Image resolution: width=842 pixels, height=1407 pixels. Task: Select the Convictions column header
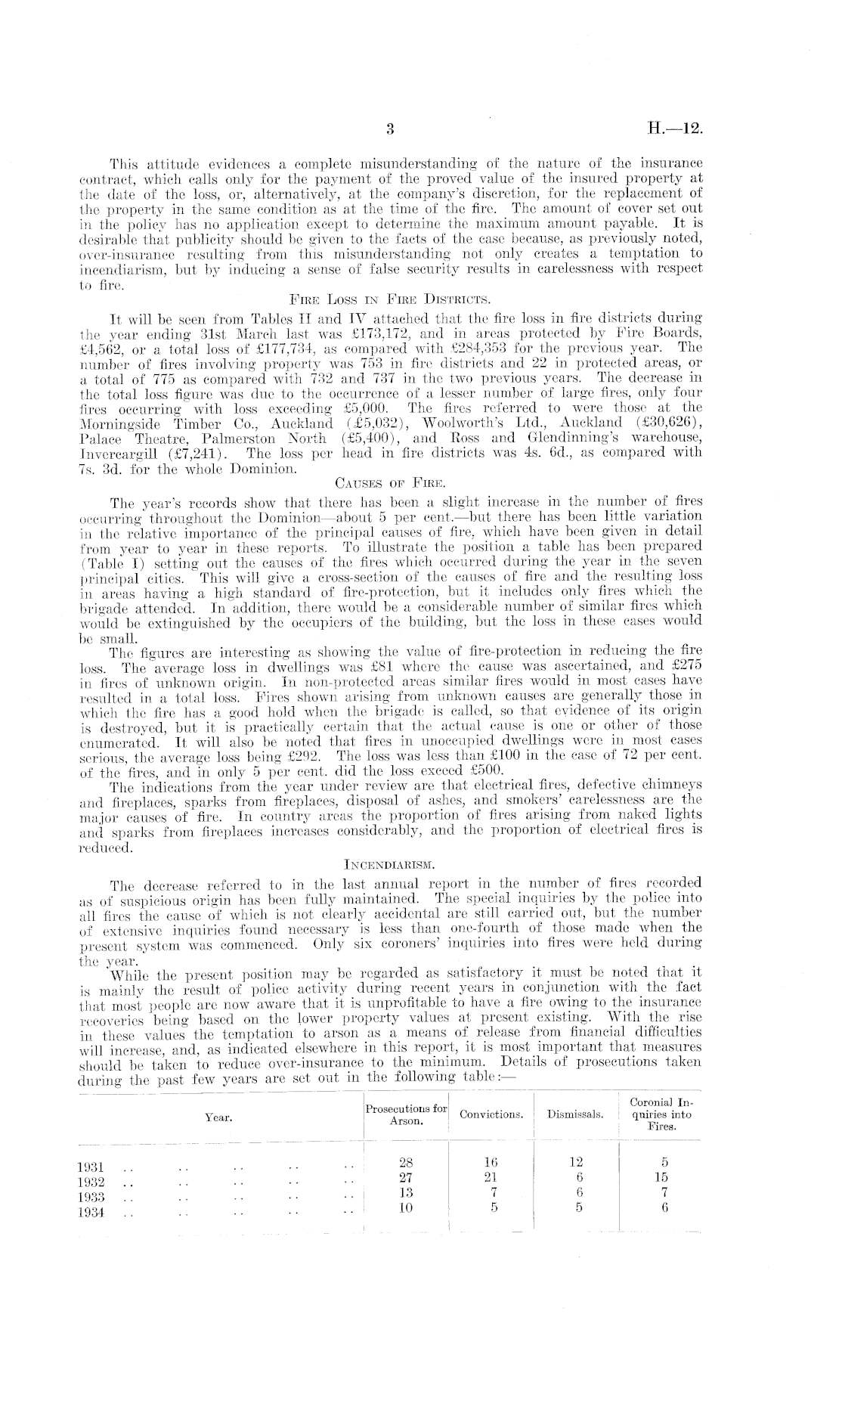coord(491,1114)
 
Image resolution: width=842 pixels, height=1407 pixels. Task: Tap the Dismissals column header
coord(575,1114)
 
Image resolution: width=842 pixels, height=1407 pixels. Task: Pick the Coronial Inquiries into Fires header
coord(661,1114)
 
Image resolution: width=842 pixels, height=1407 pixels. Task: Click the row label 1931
coord(91,1168)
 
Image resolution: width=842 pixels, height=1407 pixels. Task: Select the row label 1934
coord(91,1213)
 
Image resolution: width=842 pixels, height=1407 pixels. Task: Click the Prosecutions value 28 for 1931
coord(407,1163)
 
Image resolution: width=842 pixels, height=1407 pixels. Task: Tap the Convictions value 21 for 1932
coord(492,1177)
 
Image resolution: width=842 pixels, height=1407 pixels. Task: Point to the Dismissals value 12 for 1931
coord(576,1163)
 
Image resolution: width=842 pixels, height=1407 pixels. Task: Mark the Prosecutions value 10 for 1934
coord(407,1207)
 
